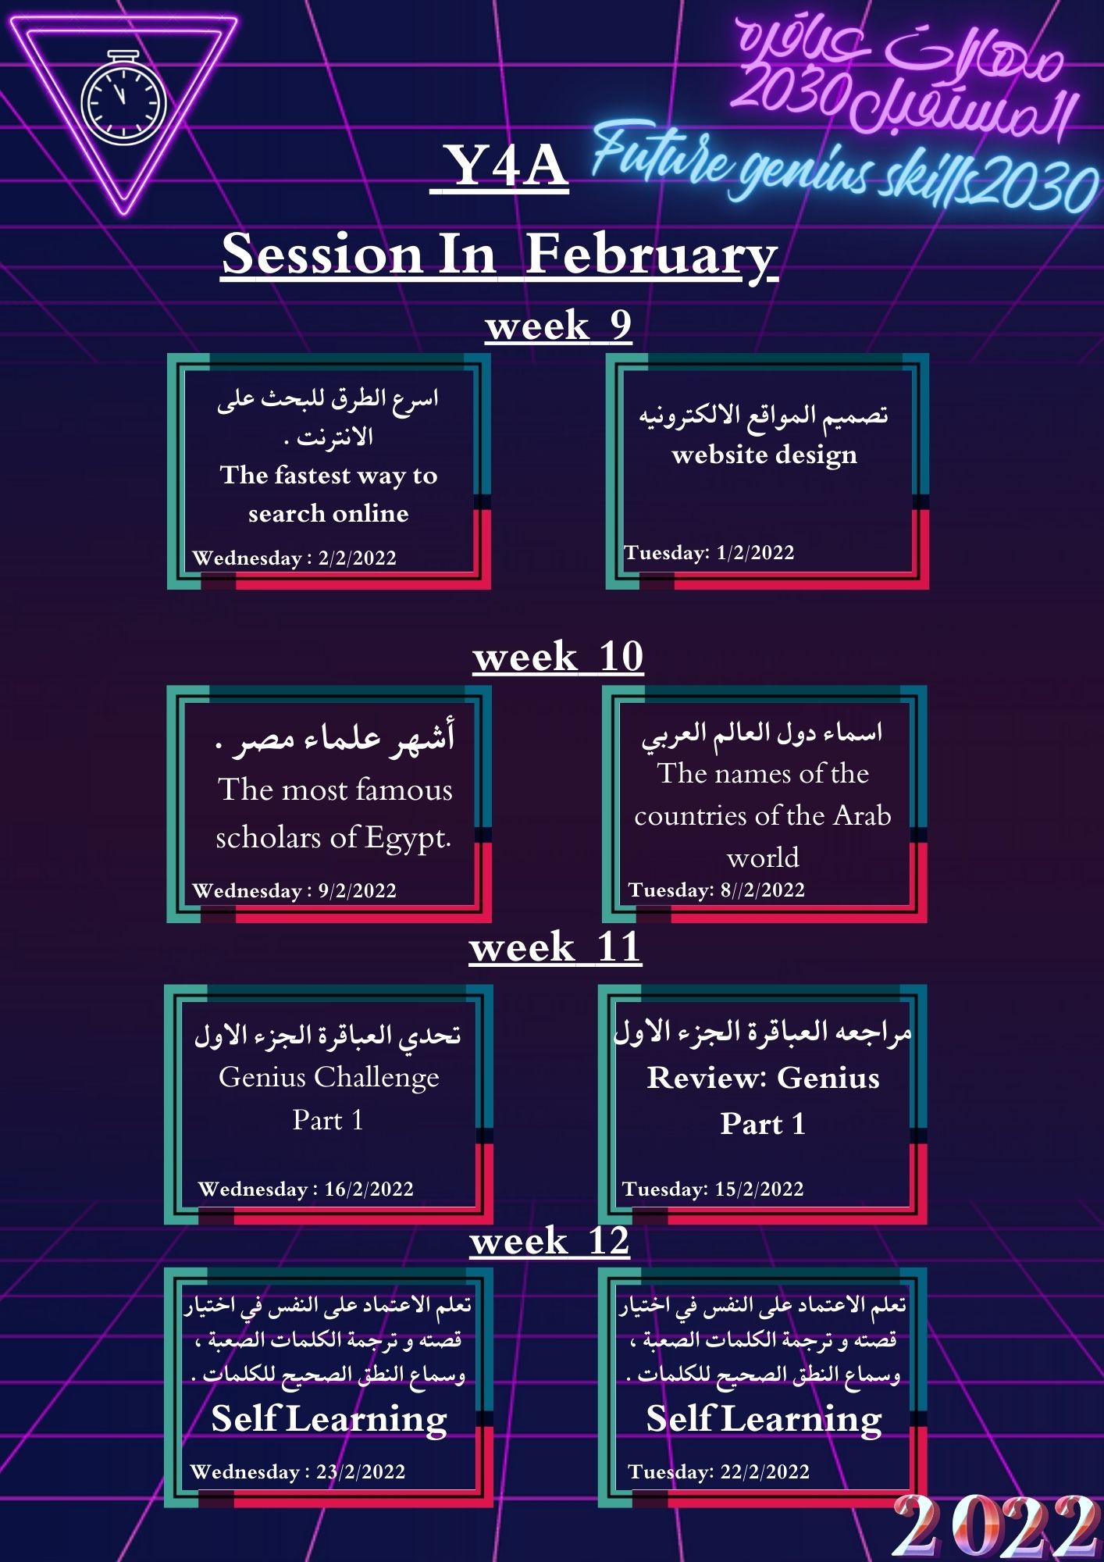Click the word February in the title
651,255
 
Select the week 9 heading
558,326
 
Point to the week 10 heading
558,657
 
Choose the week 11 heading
555,947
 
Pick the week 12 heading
550,1240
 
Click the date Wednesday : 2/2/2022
294,558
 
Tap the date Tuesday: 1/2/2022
709,553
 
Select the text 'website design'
764,455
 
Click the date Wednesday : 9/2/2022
294,891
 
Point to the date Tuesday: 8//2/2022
716,890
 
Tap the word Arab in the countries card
862,815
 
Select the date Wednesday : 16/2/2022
305,1189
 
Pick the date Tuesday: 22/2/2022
718,1472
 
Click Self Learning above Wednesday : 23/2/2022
329,1419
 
